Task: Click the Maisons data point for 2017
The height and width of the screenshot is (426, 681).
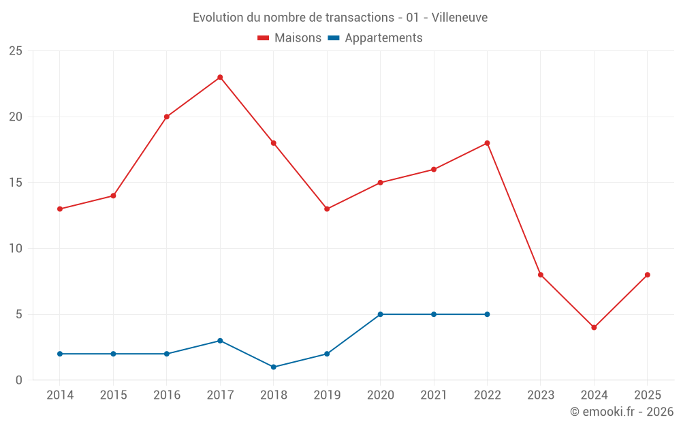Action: pos(220,77)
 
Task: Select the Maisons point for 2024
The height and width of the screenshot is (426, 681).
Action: pos(594,327)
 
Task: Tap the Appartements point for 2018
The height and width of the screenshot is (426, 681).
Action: pos(273,367)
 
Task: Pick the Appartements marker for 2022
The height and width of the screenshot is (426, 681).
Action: pos(487,314)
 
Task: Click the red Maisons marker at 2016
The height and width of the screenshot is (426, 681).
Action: pos(167,117)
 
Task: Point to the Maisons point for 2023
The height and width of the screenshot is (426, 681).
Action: pos(541,275)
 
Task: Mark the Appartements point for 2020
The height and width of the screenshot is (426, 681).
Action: pos(380,314)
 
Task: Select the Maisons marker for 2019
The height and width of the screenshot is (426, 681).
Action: pos(327,209)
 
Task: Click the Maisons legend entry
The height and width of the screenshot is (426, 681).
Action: pos(289,38)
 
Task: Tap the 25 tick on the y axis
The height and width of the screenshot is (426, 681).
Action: pos(16,51)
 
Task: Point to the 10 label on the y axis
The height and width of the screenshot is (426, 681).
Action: pos(16,249)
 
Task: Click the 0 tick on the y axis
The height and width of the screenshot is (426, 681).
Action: pos(19,380)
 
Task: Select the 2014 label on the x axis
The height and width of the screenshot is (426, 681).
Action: pos(60,395)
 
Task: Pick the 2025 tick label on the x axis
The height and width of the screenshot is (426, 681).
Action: pos(647,395)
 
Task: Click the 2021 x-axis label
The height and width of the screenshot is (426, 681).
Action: pos(434,395)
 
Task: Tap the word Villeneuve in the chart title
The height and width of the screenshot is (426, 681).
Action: pos(460,18)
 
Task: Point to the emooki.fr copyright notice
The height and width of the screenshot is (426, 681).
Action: pos(622,412)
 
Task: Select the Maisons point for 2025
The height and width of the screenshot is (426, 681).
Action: pos(647,275)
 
